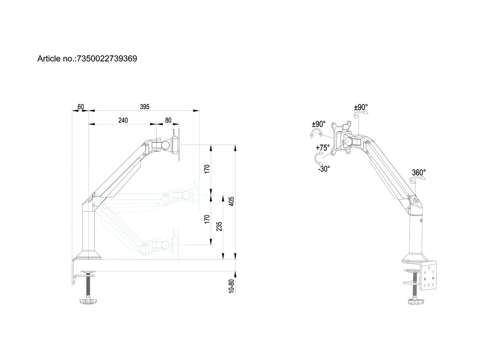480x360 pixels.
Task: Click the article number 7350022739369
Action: [106, 59]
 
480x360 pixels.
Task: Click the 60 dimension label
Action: [80, 106]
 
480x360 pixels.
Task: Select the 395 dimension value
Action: [144, 106]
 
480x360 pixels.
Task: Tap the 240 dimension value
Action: [123, 120]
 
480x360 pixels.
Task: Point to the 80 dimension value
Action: [168, 120]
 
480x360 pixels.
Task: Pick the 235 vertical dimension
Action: [219, 226]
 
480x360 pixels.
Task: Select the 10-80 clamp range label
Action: [231, 287]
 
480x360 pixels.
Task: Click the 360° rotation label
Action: [419, 172]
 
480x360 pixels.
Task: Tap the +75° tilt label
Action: [322, 147]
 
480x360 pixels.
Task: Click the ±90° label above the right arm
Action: [361, 107]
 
